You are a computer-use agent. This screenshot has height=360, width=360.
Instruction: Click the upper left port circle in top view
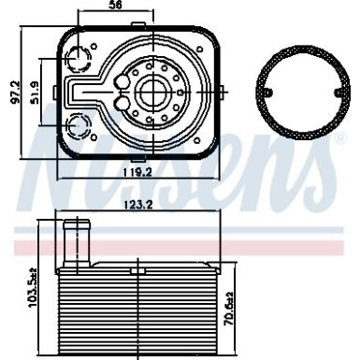click(75, 61)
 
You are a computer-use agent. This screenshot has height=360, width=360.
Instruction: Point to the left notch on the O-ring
click(265, 94)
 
